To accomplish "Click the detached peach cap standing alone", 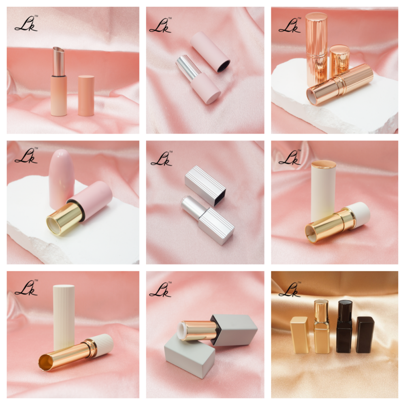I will click(86, 96).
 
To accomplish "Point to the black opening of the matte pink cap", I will click(224, 66).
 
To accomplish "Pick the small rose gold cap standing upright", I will click(339, 60).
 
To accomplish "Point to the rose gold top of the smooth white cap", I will click(324, 164).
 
